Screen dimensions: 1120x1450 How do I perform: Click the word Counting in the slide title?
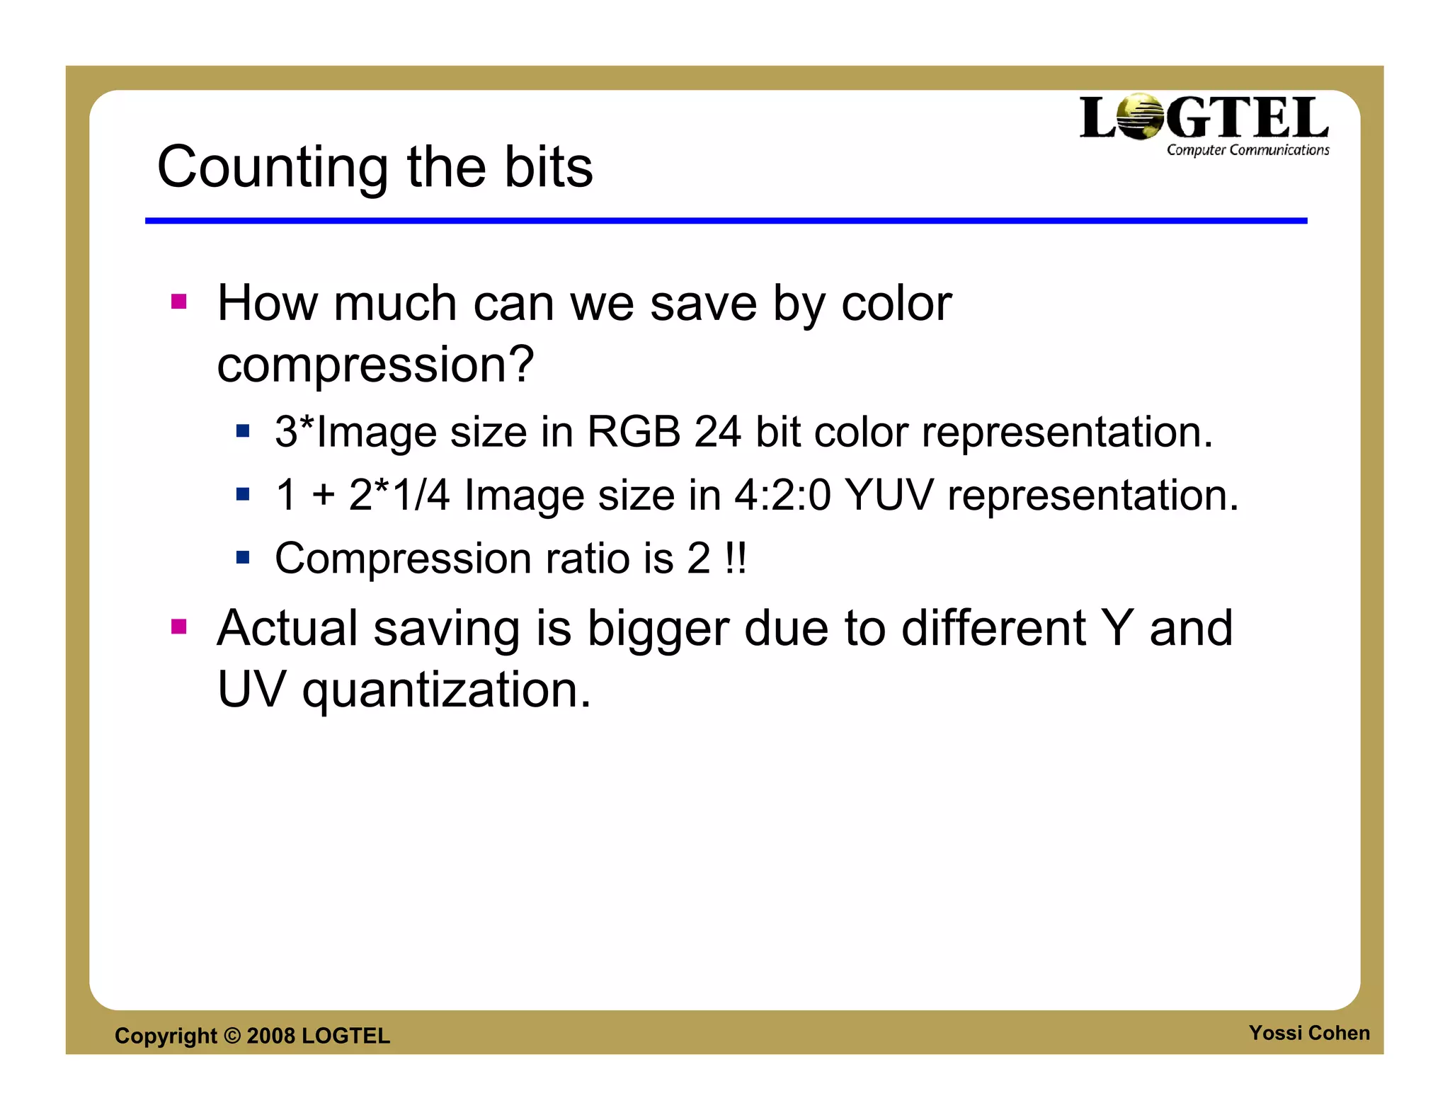pyautogui.click(x=272, y=168)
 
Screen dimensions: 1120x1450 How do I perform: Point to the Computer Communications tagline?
pyautogui.click(x=1248, y=150)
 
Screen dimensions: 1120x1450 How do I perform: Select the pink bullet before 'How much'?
pyautogui.click(x=178, y=302)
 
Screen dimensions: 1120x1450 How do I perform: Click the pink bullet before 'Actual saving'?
pyautogui.click(x=178, y=627)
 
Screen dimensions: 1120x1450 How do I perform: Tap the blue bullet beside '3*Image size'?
pyautogui.click(x=243, y=431)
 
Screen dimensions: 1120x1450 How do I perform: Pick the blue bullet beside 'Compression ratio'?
pyautogui.click(x=243, y=558)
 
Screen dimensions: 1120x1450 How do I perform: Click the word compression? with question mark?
pyautogui.click(x=375, y=365)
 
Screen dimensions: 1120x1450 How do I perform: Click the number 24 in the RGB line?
pyautogui.click(x=717, y=432)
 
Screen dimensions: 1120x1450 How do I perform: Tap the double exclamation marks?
pyautogui.click(x=736, y=559)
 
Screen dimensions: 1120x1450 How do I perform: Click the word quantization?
pyautogui.click(x=446, y=690)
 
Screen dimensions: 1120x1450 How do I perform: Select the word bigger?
pyautogui.click(x=658, y=629)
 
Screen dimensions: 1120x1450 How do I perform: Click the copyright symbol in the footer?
pyautogui.click(x=232, y=1036)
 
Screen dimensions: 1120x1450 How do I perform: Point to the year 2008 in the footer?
pyautogui.click(x=270, y=1036)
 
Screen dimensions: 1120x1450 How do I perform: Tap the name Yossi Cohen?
pyautogui.click(x=1308, y=1033)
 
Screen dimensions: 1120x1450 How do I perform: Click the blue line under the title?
pyautogui.click(x=726, y=221)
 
